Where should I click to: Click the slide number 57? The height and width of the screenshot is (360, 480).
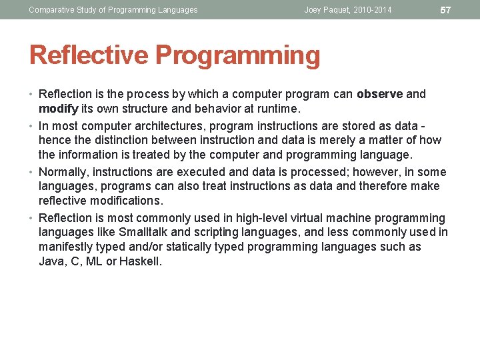pos(446,10)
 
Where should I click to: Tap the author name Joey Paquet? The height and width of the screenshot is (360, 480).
pos(327,10)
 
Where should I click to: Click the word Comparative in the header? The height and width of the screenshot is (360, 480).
pos(51,10)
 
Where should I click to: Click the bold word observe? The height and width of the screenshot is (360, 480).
pos(379,94)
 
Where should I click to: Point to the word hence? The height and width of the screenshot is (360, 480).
pos(53,140)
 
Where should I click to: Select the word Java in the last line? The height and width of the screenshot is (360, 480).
pos(51,261)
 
